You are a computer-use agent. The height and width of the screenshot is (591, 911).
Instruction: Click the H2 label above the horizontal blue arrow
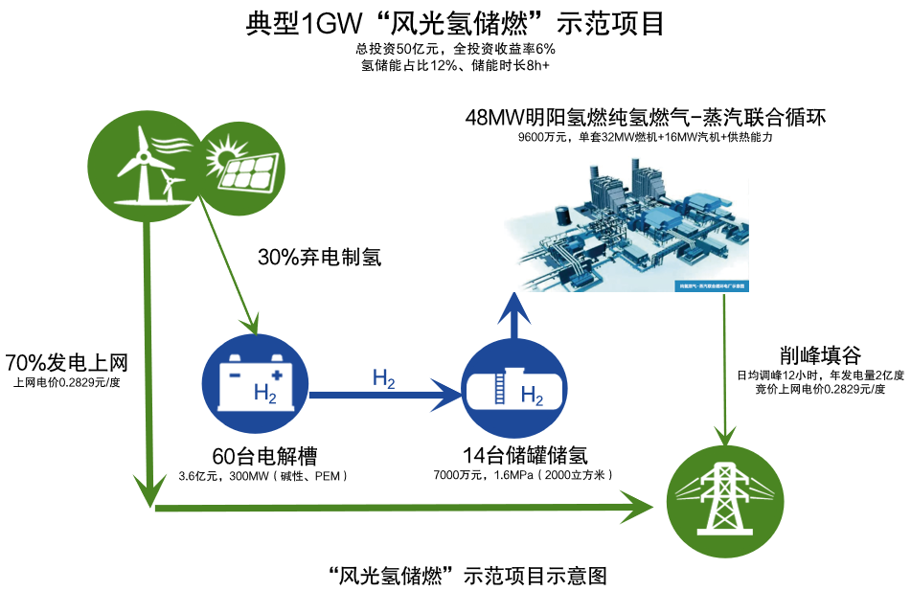pos(383,378)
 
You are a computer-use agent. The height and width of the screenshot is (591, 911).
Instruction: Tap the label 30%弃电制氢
pos(320,257)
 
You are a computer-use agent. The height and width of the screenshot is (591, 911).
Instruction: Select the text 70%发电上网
pos(66,363)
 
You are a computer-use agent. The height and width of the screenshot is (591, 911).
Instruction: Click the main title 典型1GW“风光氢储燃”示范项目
pos(455,22)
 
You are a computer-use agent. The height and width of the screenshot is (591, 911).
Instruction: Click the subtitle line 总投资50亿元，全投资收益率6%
pos(455,49)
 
